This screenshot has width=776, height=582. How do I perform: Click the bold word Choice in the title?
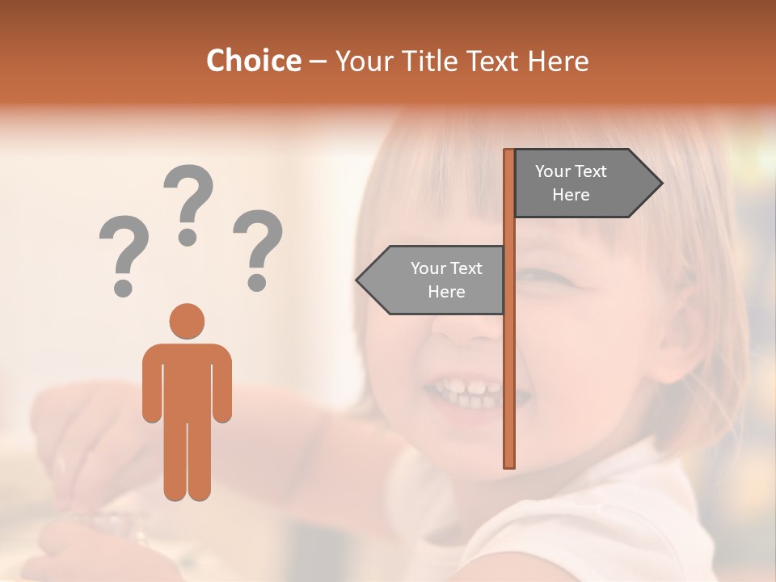253,61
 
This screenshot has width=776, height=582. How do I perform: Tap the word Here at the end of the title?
558,61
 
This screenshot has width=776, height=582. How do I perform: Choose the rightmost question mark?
258,247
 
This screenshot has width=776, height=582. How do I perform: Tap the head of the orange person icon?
187,321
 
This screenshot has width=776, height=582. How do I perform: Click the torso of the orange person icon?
187,380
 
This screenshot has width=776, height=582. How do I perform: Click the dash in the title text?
318,61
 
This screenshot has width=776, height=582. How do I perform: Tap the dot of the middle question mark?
188,237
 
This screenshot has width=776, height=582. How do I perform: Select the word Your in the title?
361,61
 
